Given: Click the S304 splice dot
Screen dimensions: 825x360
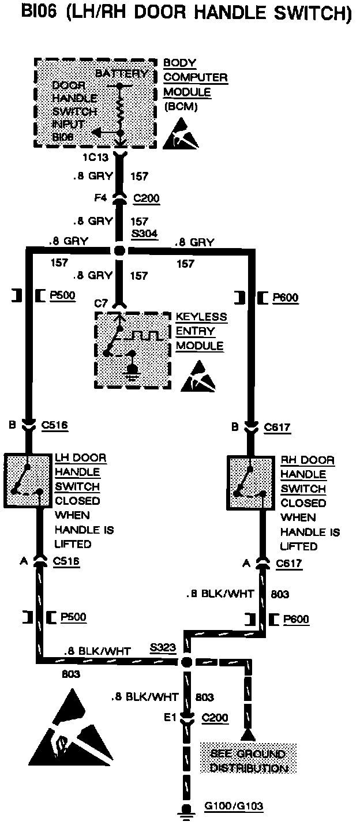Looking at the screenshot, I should (x=119, y=251).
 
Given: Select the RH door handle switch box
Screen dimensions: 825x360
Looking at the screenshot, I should (x=250, y=483).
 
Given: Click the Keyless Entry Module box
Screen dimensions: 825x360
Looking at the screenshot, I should (x=133, y=350).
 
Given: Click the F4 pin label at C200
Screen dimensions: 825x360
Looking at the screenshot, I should (x=100, y=198).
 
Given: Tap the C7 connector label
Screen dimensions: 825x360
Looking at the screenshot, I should (x=101, y=302).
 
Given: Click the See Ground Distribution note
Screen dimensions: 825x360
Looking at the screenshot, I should (x=248, y=761).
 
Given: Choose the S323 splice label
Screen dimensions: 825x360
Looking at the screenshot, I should (x=162, y=647).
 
